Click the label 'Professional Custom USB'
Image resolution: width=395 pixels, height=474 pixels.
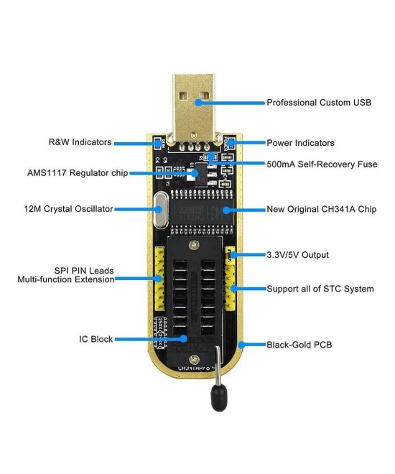pyautogui.click(x=319, y=103)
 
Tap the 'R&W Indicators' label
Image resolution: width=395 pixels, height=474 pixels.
pyautogui.click(x=80, y=142)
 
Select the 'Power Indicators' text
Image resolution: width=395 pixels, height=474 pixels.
pyautogui.click(x=300, y=143)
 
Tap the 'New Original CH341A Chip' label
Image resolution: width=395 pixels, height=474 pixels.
pyautogui.click(x=322, y=209)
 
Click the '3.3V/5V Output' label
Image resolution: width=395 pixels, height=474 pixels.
pyautogui.click(x=297, y=255)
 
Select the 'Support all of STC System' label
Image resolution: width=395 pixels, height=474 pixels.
pyautogui.click(x=320, y=289)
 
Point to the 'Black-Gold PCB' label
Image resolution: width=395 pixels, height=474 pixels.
pyautogui.click(x=299, y=345)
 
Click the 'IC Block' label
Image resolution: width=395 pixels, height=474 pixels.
pyautogui.click(x=96, y=339)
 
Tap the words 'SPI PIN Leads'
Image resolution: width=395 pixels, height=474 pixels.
pyautogui.click(x=84, y=271)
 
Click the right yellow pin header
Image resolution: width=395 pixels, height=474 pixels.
pyautogui.click(x=231, y=284)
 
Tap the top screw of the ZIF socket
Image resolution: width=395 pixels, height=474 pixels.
pyautogui.click(x=192, y=246)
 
